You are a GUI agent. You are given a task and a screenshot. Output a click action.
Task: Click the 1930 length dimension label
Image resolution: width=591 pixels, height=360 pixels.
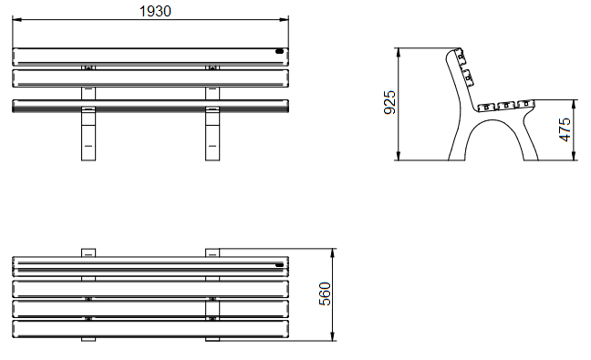tap(155, 11)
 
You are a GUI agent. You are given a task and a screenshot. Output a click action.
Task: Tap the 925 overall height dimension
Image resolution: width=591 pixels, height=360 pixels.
tap(389, 102)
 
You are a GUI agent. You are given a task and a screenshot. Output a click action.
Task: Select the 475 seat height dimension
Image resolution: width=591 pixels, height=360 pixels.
tap(565, 129)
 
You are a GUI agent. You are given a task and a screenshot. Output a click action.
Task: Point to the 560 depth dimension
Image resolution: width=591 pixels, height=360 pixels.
tap(325, 293)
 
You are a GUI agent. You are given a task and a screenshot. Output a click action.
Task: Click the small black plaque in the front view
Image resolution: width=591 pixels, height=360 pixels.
tap(279, 51)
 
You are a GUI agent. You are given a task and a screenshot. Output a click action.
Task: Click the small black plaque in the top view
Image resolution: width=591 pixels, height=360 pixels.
tap(279, 265)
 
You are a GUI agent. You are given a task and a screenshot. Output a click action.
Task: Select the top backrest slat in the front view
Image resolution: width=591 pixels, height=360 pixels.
tap(150, 57)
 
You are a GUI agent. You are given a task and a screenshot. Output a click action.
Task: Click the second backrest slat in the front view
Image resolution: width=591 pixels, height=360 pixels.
tap(150, 78)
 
